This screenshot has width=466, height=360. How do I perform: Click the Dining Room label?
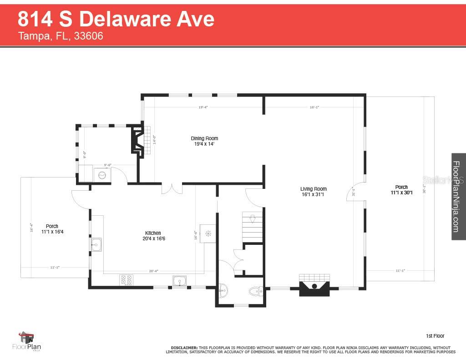coord(204,141)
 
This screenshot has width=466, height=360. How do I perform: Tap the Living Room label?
coord(314,192)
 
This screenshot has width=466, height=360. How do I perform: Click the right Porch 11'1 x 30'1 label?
coord(401,190)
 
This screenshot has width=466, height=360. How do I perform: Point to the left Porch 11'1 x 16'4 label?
coord(52,229)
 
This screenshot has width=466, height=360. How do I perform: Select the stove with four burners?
coord(126,279)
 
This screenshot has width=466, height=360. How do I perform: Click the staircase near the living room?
coord(253,223)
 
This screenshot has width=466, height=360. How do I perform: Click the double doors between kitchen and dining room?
coord(172,188)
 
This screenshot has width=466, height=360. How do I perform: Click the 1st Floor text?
coord(435,336)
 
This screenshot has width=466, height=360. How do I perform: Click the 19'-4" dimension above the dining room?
coord(203,107)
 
